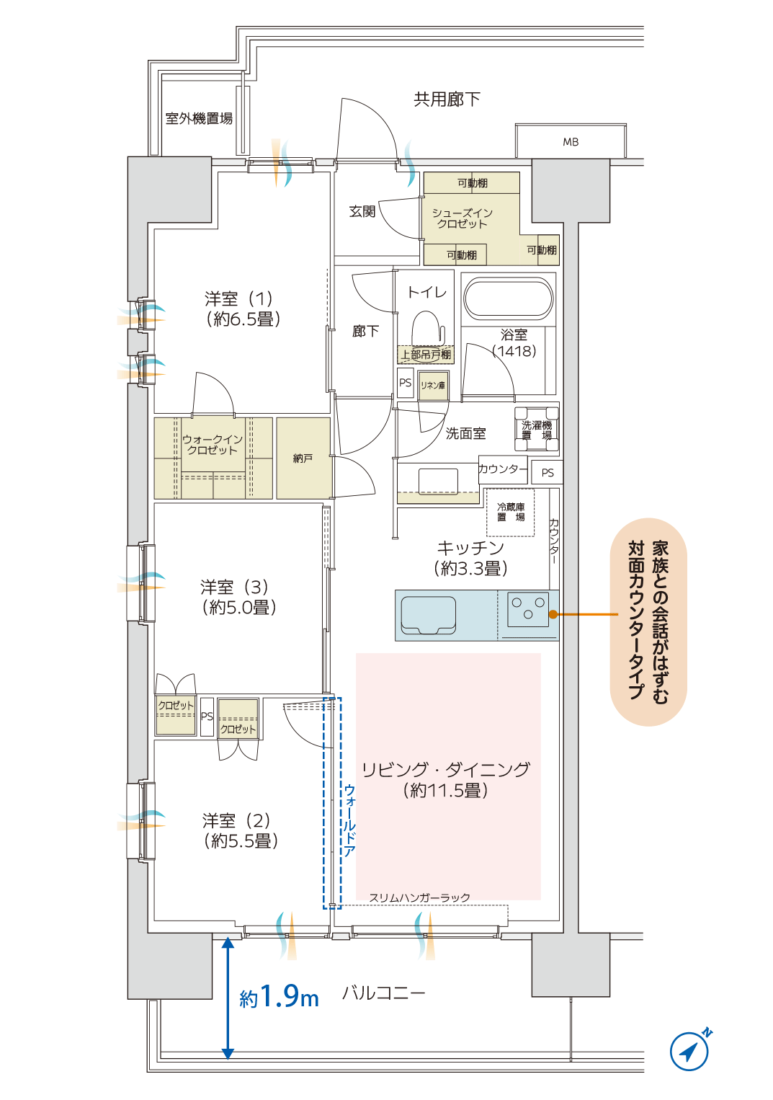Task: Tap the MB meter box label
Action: point(571,142)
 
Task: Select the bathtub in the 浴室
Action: point(508,298)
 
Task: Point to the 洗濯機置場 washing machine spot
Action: point(537,430)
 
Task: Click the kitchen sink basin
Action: point(428,615)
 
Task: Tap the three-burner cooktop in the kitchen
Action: point(528,609)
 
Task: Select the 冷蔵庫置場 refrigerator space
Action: point(511,513)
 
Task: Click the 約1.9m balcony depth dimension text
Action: point(279,995)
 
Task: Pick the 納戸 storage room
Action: point(303,458)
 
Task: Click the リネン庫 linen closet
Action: point(433,386)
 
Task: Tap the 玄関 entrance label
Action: point(362,212)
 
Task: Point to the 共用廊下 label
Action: point(447,99)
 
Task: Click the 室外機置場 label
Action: point(199,118)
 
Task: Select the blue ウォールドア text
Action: point(349,820)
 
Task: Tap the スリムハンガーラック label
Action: point(419,897)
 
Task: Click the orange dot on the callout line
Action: point(553,614)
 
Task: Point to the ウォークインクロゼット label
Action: point(213,445)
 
